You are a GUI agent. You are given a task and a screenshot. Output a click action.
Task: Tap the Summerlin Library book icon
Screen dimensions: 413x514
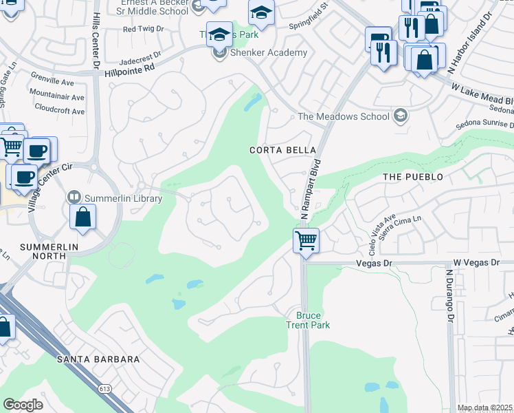74,198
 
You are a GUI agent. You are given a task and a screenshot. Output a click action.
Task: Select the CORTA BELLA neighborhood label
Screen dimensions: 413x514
283,150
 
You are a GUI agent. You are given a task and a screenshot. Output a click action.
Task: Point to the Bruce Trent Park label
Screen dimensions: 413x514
308,320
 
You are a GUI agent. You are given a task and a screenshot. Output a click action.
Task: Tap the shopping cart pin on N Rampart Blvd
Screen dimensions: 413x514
306,241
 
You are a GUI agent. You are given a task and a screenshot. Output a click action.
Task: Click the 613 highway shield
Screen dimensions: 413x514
104,389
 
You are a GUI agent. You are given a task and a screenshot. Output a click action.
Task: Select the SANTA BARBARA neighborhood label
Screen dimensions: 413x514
98,359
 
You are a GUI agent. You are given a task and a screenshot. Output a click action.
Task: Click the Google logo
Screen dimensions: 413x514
23,405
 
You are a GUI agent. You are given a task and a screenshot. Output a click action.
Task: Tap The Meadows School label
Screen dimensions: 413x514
344,116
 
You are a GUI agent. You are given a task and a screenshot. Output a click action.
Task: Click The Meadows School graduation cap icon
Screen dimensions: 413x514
400,116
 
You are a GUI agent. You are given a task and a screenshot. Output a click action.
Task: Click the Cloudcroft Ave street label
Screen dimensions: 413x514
59,111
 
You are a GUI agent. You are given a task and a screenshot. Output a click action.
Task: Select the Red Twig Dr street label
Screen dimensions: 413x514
143,29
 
